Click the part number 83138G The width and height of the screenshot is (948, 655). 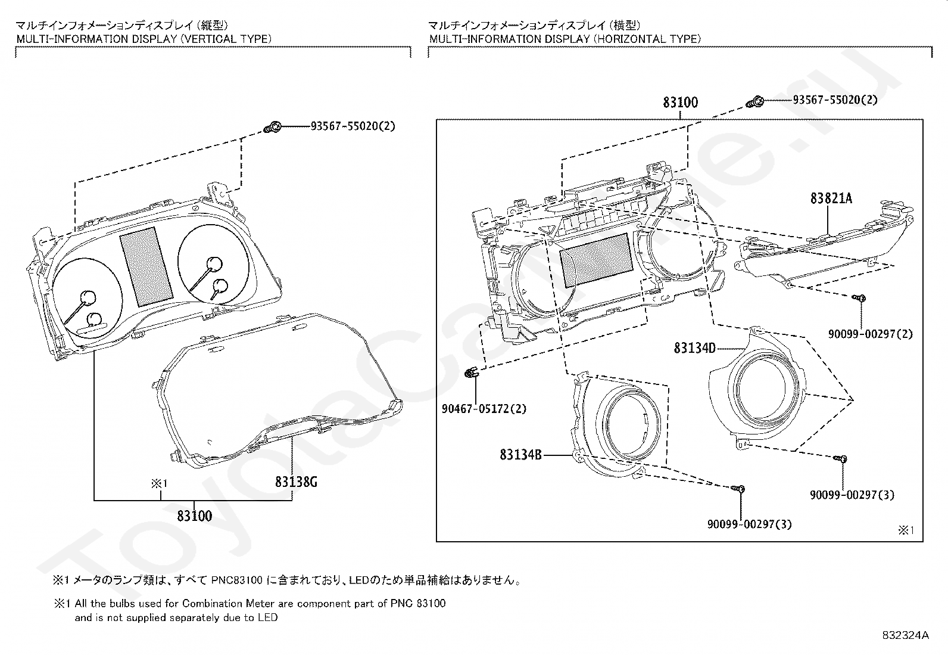point(296,482)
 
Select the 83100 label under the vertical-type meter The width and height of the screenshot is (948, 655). point(194,516)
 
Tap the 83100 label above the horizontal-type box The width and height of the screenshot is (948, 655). point(680,102)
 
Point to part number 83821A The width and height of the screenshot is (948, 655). point(831,198)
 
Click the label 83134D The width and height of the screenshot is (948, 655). point(694,348)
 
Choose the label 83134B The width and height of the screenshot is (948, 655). point(520,455)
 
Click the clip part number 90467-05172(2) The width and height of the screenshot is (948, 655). point(484,408)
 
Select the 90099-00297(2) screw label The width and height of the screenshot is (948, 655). point(871,334)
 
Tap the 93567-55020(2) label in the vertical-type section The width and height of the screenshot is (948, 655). point(353,126)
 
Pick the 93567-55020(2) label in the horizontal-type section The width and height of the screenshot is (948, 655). point(835,100)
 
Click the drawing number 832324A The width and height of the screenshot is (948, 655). point(905,635)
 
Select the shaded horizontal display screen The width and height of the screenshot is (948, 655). point(596,260)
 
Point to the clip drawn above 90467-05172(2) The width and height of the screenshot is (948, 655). point(471,372)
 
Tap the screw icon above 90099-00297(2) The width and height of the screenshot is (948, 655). point(859,298)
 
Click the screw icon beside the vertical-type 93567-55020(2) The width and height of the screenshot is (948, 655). point(273,127)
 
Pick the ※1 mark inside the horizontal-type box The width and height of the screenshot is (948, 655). point(906,530)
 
